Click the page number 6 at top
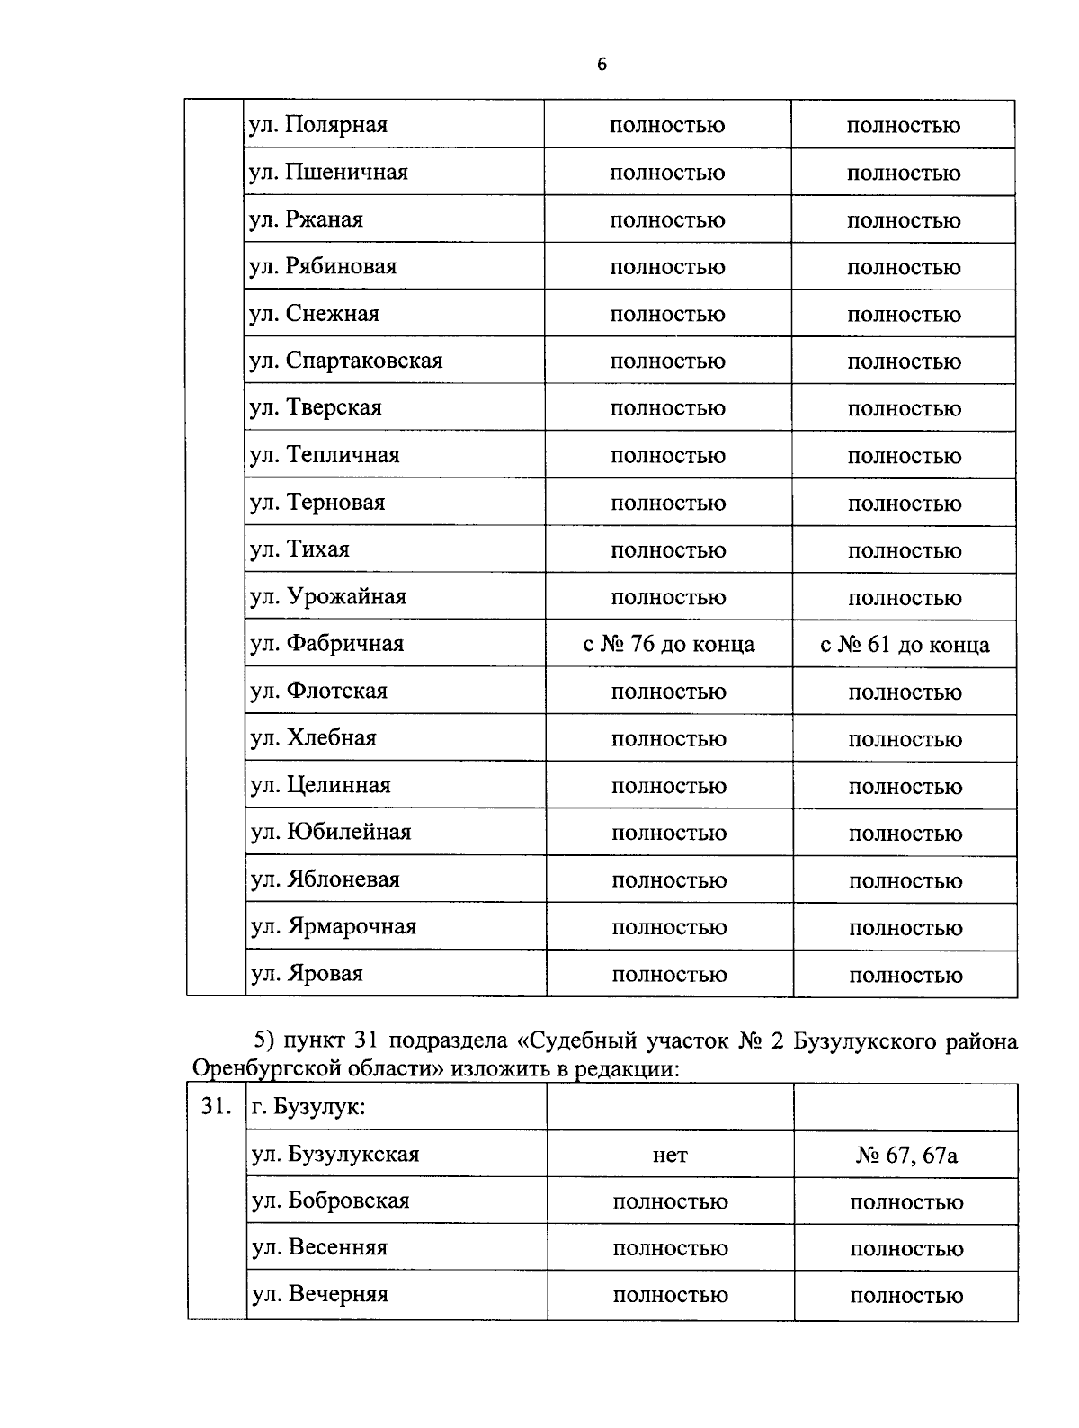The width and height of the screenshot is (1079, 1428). point(602,64)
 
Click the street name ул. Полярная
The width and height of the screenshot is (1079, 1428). point(318,125)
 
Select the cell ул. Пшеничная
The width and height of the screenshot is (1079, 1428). point(328,172)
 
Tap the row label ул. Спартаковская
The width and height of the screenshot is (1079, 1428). point(346,361)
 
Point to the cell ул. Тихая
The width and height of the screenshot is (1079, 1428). point(299,549)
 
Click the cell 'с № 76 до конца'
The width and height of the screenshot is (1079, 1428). point(668,644)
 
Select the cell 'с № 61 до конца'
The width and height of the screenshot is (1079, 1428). point(905,644)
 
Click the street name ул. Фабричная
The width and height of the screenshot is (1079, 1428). point(327,644)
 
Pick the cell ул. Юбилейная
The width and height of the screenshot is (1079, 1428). point(331,832)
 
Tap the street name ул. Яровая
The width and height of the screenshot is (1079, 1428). point(307,974)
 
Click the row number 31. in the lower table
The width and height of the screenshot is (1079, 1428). point(216,1107)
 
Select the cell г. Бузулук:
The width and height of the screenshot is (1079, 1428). point(308,1107)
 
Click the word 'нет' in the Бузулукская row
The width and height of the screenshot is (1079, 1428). point(670,1155)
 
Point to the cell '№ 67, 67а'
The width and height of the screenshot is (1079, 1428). point(906,1155)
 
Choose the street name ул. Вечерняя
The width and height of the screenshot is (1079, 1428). point(319,1294)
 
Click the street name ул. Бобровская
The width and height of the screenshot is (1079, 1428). point(330,1200)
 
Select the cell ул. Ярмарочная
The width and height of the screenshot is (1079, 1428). point(334,926)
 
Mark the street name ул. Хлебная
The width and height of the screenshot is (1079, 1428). point(314,738)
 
